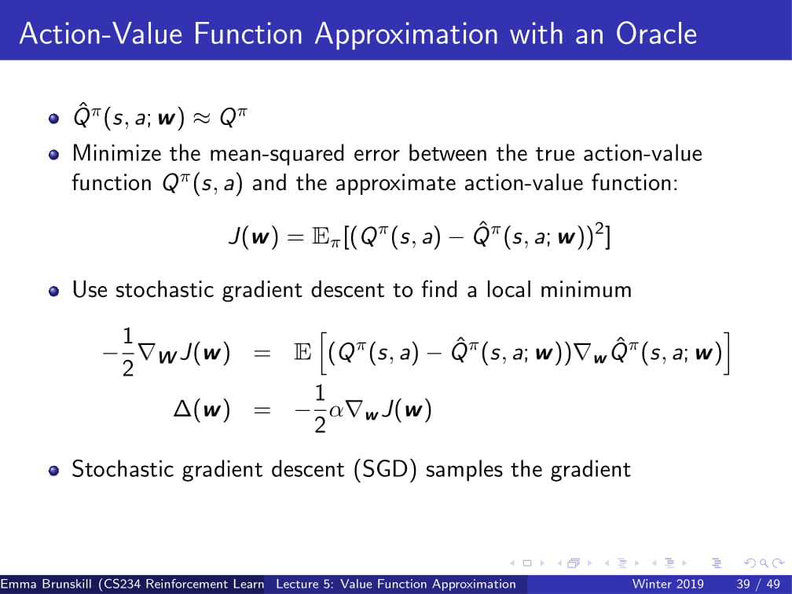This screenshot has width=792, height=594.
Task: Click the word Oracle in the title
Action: [656, 35]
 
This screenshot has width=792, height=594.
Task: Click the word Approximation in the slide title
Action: [406, 35]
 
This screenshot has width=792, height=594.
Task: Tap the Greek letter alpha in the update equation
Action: [336, 410]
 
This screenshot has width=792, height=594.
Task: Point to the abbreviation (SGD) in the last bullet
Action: [385, 470]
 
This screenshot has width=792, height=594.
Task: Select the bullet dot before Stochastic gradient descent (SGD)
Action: [54, 471]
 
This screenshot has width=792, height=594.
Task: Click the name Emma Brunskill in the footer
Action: [47, 585]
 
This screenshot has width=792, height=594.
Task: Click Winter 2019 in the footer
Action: [668, 585]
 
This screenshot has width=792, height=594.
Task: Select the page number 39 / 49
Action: [758, 585]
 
